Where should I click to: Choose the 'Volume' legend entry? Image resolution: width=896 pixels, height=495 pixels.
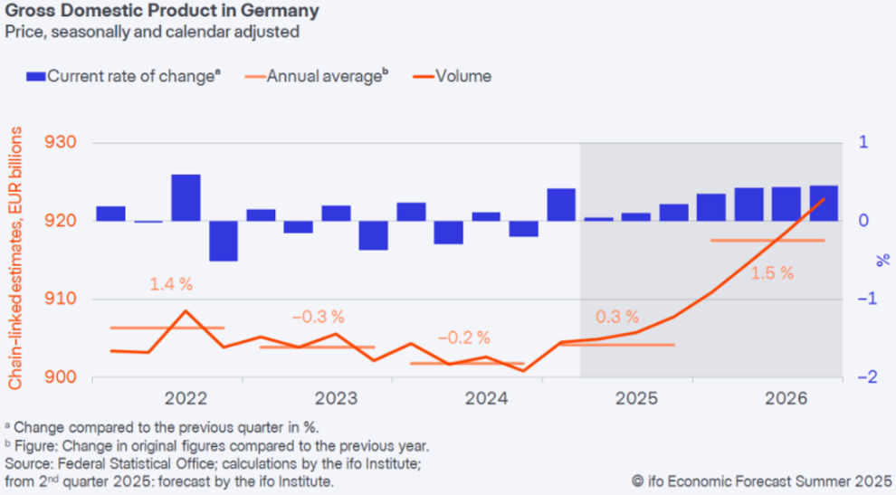462,76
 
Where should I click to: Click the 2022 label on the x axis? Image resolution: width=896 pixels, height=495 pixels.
186,398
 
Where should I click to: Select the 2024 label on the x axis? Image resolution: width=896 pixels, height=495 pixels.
487,398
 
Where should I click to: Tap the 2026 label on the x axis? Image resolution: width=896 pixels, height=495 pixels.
786,398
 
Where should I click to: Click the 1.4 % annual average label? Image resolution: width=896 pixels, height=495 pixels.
172,284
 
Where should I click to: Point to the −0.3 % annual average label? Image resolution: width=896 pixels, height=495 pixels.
318,317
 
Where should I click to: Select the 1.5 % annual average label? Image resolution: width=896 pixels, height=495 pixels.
771,272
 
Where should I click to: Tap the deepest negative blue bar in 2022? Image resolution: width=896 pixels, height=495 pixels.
224,241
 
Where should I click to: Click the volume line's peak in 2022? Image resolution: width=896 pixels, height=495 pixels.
186,311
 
